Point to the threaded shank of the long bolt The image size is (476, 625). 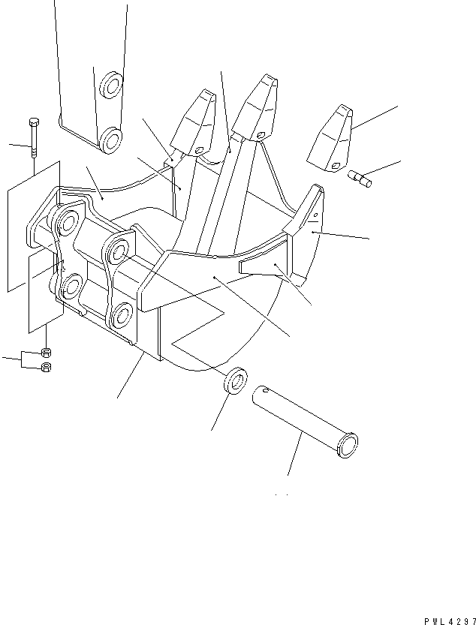click(x=34, y=143)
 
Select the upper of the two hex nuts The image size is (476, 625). click(x=46, y=353)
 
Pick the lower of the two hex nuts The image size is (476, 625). click(x=46, y=367)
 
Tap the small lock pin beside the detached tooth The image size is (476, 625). click(x=360, y=179)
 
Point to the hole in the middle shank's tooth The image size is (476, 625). click(x=261, y=136)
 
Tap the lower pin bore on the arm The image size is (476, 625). click(x=113, y=139)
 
